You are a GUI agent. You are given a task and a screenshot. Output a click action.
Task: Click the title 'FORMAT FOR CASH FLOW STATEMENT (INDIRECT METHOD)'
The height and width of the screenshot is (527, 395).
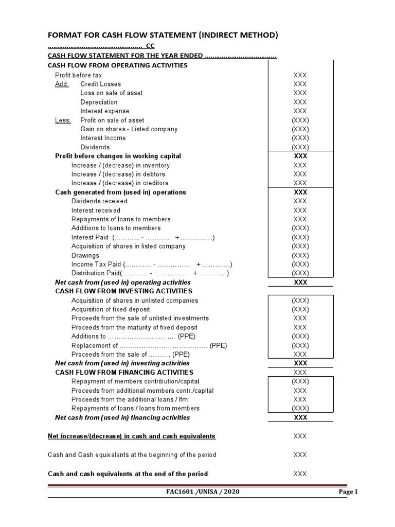pyautogui.click(x=163, y=35)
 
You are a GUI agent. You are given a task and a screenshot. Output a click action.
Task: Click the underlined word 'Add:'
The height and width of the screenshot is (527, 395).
pyautogui.click(x=62, y=84)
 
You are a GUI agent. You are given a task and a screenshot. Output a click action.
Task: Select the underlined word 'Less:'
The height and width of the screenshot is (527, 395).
pyautogui.click(x=63, y=120)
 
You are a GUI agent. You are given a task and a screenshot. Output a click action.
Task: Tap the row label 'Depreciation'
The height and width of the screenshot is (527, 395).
pyautogui.click(x=99, y=102)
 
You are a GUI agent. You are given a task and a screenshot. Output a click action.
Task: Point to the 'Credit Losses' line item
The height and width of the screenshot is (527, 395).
pyautogui.click(x=101, y=84)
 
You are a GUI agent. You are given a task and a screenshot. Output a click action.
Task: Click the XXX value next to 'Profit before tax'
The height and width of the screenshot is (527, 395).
pyautogui.click(x=300, y=75)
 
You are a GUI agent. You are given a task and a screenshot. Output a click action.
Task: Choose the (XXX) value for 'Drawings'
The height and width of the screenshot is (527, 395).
pyautogui.click(x=300, y=255)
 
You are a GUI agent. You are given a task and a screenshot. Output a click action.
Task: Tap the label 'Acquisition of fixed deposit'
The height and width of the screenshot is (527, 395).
pyautogui.click(x=111, y=309)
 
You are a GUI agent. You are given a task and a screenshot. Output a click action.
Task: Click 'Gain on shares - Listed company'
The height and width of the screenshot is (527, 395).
pyautogui.click(x=129, y=129)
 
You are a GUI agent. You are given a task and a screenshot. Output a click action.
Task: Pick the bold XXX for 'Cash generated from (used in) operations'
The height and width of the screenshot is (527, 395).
pyautogui.click(x=300, y=192)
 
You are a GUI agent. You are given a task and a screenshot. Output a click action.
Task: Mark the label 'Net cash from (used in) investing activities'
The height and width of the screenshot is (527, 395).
pyautogui.click(x=122, y=363)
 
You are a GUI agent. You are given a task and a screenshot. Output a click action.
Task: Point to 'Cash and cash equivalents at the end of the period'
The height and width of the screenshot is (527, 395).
pyautogui.click(x=128, y=473)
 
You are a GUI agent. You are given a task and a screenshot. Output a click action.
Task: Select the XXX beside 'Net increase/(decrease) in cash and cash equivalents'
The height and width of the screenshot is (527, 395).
pyautogui.click(x=300, y=436)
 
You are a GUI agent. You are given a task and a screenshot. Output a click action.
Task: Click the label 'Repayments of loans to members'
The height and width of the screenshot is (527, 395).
pyautogui.click(x=121, y=219)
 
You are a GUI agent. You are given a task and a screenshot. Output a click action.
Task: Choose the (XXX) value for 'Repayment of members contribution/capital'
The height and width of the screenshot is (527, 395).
pyautogui.click(x=300, y=381)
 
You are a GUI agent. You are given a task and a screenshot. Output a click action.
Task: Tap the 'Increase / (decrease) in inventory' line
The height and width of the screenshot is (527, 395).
pyautogui.click(x=120, y=165)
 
